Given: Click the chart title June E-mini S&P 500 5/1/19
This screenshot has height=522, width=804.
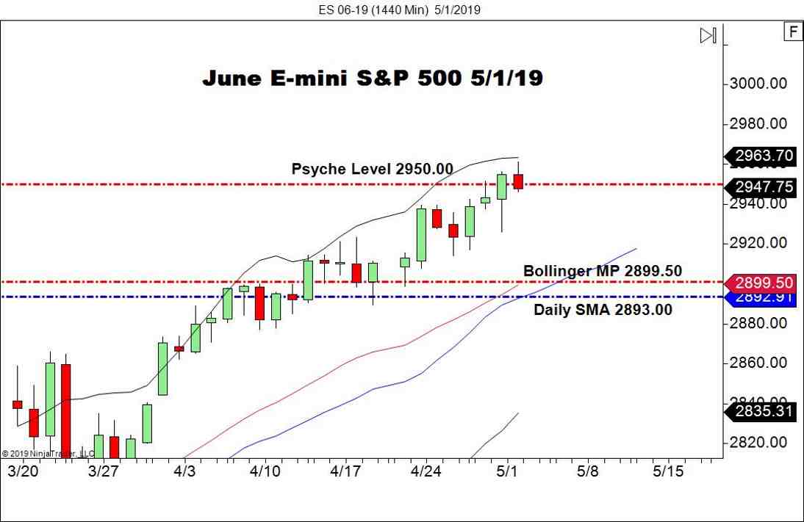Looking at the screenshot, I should (x=373, y=79).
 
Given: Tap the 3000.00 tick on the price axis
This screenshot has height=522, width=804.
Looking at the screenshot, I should (x=758, y=84).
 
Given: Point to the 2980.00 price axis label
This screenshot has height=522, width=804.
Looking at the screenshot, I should (x=758, y=123).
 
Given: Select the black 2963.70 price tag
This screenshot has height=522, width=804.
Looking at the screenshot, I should (x=763, y=156).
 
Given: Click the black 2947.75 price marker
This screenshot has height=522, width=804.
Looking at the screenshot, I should (x=763, y=187).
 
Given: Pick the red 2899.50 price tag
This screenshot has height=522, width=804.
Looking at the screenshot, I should (x=763, y=283).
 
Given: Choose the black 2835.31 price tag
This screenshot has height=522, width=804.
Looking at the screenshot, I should (x=763, y=411).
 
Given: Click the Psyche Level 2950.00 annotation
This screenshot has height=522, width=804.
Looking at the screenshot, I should (x=372, y=169).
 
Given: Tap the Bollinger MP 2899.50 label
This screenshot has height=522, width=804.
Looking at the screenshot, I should (x=602, y=271).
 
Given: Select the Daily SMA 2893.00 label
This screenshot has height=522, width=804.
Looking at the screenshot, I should (x=603, y=310).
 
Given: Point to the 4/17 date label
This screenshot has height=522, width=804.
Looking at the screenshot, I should (x=345, y=471).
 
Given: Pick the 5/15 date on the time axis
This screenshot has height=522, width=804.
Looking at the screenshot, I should (x=668, y=471).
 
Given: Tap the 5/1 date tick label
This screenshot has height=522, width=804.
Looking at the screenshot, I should (x=506, y=471).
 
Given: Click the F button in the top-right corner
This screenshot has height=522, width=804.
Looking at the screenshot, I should (x=793, y=32).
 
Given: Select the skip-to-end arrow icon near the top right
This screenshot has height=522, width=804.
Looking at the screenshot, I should (x=708, y=35).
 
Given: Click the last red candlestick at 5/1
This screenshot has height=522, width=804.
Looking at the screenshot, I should (x=518, y=181).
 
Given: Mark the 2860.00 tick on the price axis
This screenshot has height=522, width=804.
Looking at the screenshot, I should (x=758, y=363).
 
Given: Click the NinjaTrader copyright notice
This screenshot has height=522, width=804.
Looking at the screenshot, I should (x=48, y=454).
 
